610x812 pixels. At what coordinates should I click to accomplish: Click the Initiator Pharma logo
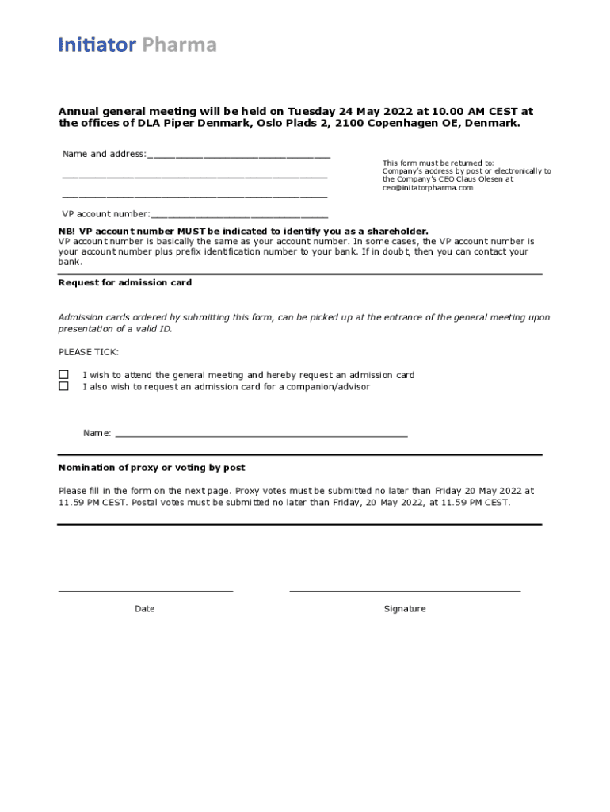pos(137,45)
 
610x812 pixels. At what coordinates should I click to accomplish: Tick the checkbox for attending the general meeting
pos(63,375)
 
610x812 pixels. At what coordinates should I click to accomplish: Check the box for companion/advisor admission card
pos(63,387)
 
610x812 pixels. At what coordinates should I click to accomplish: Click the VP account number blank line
pos(239,215)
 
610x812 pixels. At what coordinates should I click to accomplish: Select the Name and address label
pos(104,154)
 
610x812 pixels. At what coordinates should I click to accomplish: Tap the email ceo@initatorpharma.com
pos(428,188)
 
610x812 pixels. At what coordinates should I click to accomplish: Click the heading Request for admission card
pos(125,283)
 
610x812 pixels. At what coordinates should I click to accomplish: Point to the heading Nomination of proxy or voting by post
pos(151,468)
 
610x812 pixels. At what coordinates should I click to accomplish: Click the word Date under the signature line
pos(145,609)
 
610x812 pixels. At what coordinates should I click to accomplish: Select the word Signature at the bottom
pos(405,609)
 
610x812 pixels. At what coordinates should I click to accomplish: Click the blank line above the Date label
pos(146,591)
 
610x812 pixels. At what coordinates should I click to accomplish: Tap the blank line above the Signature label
pos(405,591)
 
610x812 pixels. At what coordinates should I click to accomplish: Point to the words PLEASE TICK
pos(89,352)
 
